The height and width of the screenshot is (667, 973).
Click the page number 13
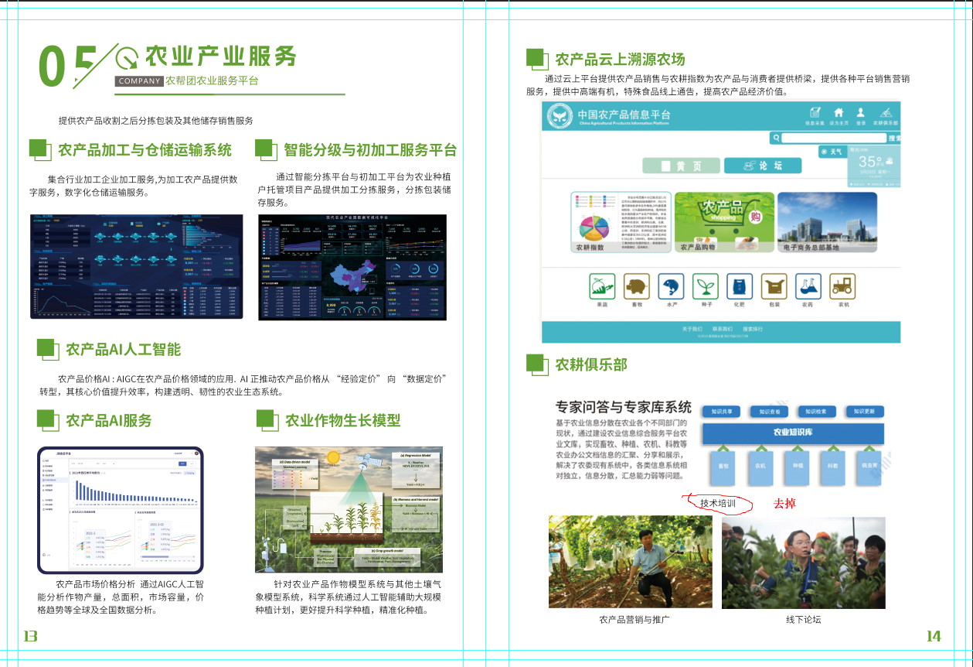(31, 636)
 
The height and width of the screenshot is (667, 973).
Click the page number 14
(934, 636)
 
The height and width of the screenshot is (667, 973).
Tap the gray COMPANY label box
(138, 80)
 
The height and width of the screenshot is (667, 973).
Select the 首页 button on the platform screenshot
(681, 166)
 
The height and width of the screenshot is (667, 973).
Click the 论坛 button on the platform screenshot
(762, 166)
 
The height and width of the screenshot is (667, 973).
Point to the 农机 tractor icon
(842, 286)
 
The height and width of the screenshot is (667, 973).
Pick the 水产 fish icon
(671, 286)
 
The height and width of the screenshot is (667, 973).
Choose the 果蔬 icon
(602, 286)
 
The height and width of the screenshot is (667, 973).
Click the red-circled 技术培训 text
(717, 504)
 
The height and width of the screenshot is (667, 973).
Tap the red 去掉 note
(784, 504)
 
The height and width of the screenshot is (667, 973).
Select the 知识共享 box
(726, 412)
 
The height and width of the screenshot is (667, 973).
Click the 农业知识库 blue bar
(793, 433)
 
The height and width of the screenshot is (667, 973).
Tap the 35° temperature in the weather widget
(870, 161)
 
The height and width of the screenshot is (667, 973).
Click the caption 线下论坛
(804, 619)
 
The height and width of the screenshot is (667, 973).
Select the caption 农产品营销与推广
(634, 619)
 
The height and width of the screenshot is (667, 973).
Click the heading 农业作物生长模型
(342, 420)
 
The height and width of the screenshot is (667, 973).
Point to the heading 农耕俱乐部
(590, 364)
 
